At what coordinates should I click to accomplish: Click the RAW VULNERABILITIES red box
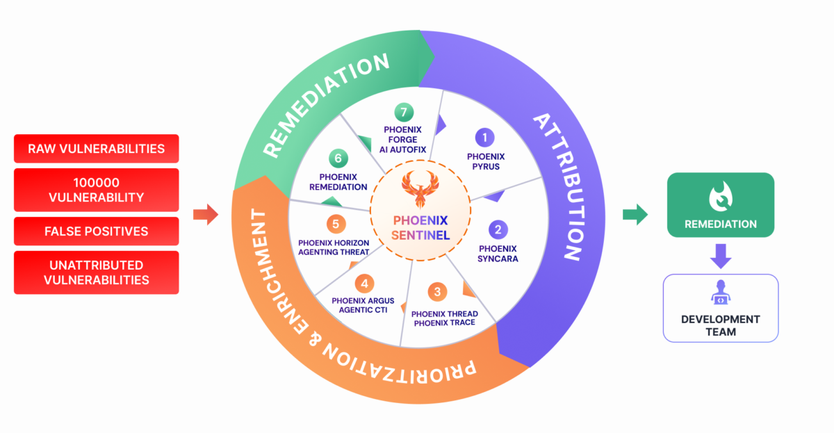pyautogui.click(x=96, y=149)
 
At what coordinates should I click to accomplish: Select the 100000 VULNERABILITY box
pyautogui.click(x=96, y=189)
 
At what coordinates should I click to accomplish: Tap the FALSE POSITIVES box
pyautogui.click(x=96, y=230)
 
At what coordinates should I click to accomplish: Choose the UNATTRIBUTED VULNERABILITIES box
pyautogui.click(x=96, y=272)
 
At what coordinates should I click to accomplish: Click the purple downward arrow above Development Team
pyautogui.click(x=720, y=256)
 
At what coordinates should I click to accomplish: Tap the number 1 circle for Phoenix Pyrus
pyautogui.click(x=484, y=137)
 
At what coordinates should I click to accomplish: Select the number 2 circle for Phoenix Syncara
pyautogui.click(x=498, y=229)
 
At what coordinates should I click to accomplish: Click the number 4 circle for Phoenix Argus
pyautogui.click(x=363, y=284)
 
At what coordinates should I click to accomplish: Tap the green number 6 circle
pyautogui.click(x=338, y=158)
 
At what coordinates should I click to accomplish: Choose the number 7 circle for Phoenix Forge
pyautogui.click(x=403, y=112)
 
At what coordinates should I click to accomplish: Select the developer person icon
pyautogui.click(x=720, y=295)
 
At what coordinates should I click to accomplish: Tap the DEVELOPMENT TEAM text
pyautogui.click(x=720, y=325)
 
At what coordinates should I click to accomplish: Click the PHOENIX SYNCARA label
pyautogui.click(x=498, y=253)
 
